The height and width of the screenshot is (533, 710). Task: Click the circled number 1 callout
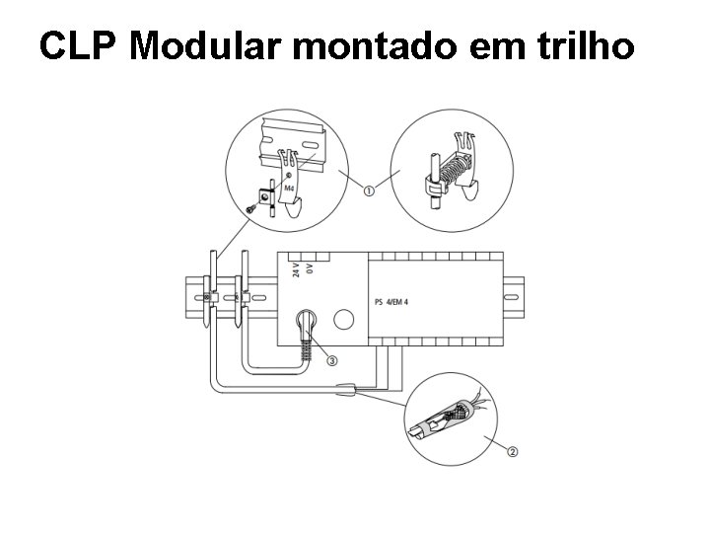point(368,191)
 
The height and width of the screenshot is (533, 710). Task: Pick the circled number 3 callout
point(331,360)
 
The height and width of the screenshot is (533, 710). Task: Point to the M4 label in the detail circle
point(288,187)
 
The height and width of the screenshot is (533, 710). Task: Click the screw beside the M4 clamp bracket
point(253,207)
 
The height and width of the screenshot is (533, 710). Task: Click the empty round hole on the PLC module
point(344,320)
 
